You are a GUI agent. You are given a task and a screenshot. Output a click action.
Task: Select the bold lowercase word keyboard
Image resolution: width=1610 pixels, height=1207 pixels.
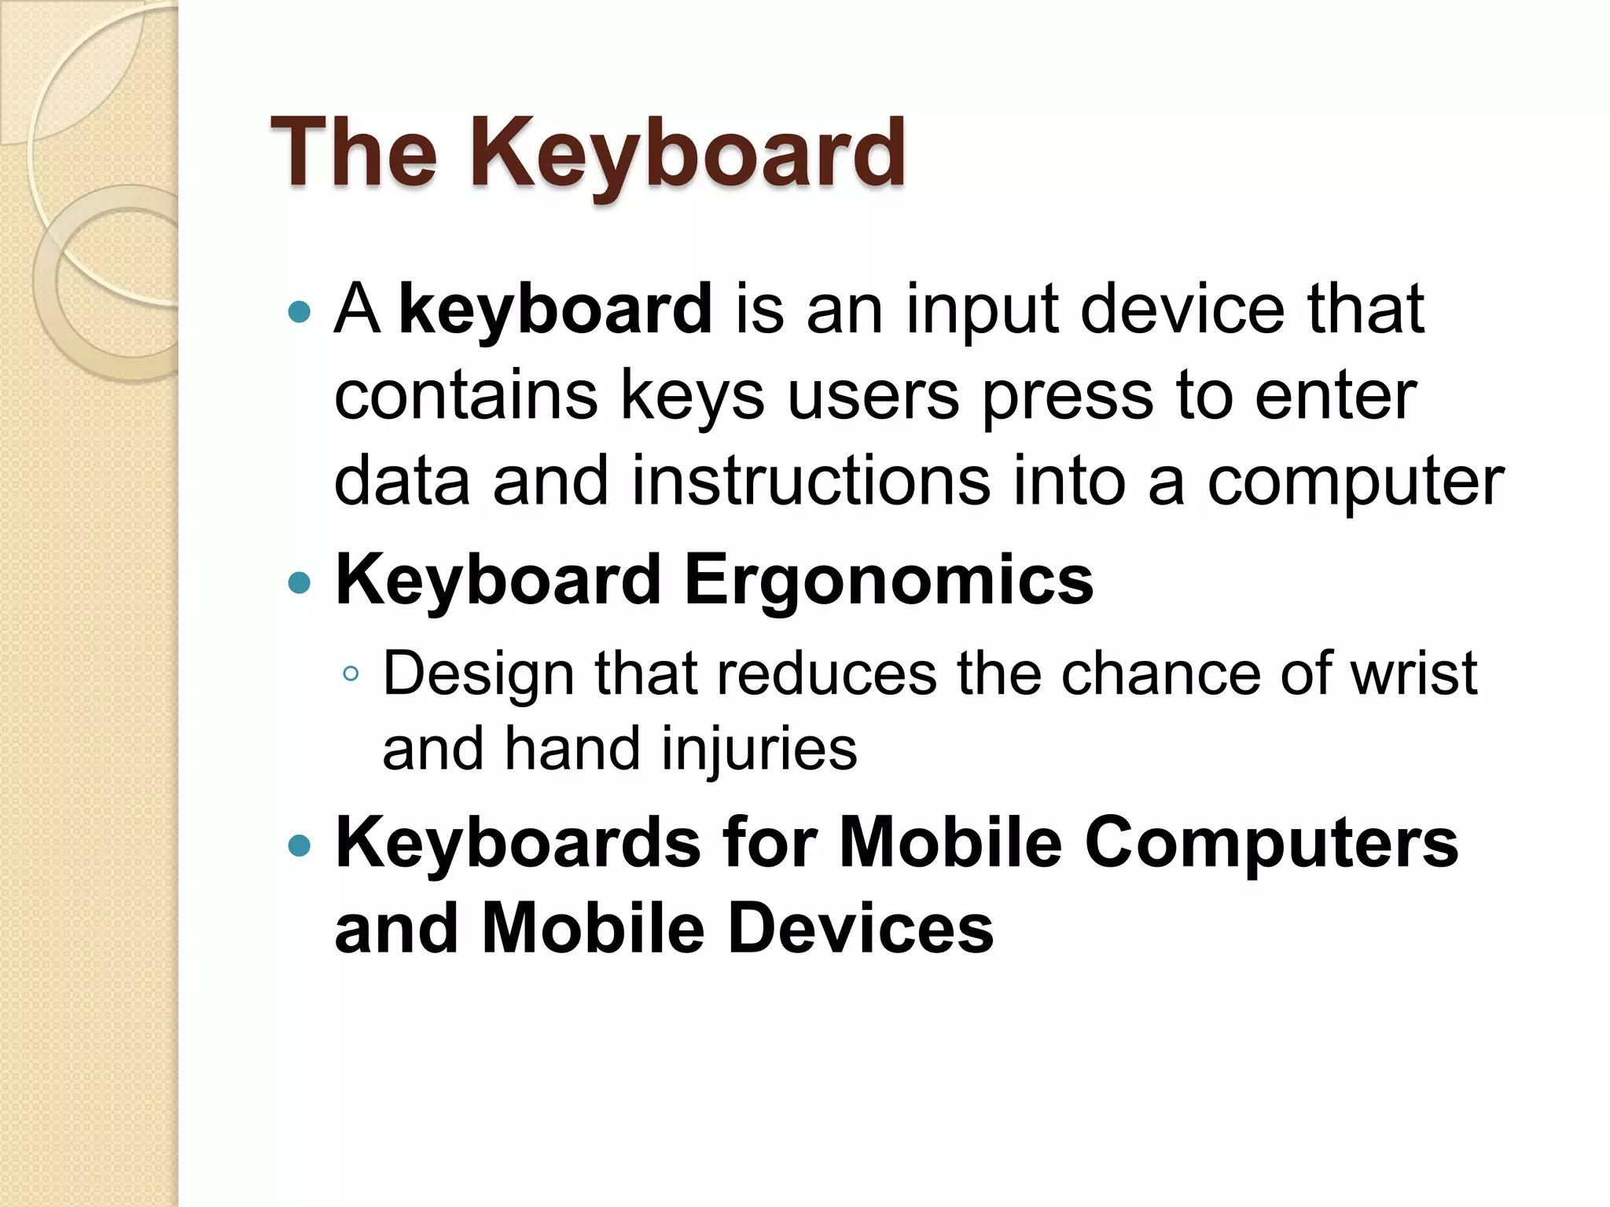[x=555, y=309]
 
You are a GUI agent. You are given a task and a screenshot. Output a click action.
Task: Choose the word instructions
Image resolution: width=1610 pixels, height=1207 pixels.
[x=811, y=480]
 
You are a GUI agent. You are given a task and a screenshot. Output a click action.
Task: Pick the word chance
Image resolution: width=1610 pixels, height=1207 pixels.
[x=1160, y=674]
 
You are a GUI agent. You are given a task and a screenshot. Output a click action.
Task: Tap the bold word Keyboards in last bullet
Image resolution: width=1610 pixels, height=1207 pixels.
[x=518, y=843]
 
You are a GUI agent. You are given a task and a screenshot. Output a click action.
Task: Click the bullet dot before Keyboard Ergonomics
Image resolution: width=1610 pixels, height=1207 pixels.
[x=300, y=583]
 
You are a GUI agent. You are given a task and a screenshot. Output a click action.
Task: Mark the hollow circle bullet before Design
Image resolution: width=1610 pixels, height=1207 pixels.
[x=351, y=673]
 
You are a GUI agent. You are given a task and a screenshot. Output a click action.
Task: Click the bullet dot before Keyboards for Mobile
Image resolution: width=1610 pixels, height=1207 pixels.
[x=300, y=846]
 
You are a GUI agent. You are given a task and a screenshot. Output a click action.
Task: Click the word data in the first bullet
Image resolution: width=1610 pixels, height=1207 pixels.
[x=402, y=480]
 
